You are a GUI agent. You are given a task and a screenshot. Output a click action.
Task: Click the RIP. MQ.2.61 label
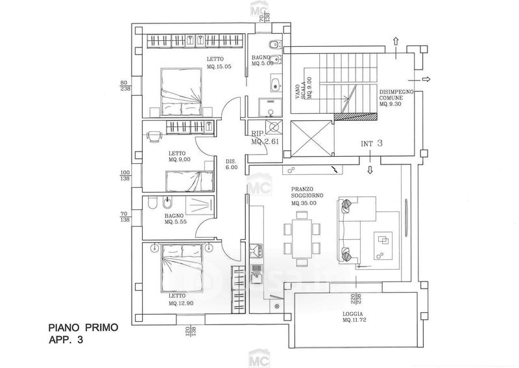pos(265,137)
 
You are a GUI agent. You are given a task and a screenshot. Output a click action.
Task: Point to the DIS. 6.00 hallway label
pos(232,164)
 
